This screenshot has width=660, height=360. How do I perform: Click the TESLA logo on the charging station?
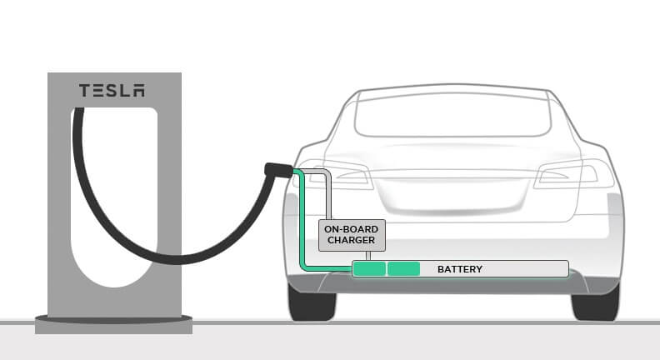112,91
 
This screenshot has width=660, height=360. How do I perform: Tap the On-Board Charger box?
352,235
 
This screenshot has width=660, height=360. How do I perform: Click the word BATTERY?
460,269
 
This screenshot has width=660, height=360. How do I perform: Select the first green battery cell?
369,268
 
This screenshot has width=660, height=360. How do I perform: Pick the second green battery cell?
403,268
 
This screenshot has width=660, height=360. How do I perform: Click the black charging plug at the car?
277,170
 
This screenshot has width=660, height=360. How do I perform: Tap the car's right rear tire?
595,304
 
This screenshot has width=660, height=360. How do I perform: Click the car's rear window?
452,113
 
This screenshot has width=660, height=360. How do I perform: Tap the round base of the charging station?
113,324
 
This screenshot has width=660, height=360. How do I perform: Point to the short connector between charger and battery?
368,256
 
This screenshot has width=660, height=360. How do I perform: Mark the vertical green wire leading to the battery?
302,219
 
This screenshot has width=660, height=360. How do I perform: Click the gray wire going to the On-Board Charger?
328,193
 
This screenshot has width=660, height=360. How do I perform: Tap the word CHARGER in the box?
351,240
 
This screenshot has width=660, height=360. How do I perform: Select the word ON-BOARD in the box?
351,229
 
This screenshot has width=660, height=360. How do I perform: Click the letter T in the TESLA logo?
85,91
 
